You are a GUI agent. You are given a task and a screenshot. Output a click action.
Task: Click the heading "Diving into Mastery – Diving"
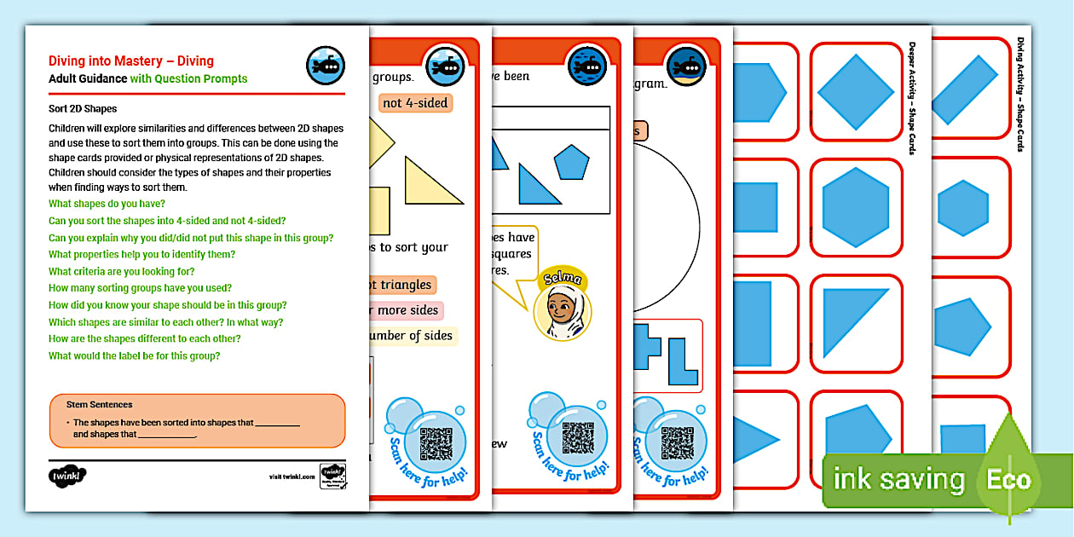pos(131,61)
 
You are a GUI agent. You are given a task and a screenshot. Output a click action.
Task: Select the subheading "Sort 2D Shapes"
pos(83,109)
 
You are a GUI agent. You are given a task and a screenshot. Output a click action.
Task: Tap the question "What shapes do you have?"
pos(107,204)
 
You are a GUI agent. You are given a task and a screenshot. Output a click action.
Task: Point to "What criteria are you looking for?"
pos(121,271)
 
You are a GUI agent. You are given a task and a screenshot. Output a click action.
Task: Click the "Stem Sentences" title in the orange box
pos(100,405)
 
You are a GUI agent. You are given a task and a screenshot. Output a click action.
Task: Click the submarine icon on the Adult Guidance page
pos(325,66)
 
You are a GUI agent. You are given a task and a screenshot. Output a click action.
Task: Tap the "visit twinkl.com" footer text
pos(291,476)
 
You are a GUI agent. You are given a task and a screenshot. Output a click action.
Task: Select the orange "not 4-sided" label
pos(415,103)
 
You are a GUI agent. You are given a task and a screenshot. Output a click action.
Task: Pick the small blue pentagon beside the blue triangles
pos(571,162)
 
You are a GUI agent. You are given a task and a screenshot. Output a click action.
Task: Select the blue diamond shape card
pos(855,91)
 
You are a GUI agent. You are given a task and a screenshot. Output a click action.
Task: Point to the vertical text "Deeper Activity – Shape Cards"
pos(912,98)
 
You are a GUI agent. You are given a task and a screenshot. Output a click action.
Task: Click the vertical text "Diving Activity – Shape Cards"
pos(1020,94)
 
